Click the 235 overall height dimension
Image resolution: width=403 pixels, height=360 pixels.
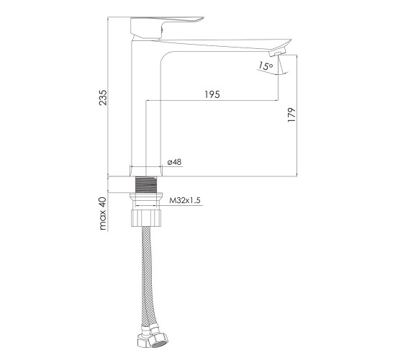(x=102, y=97)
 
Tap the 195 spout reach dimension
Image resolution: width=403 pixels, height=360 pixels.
(x=212, y=94)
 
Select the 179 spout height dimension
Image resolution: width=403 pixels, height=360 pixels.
(x=291, y=114)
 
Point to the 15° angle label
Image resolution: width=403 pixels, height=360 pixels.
(x=266, y=66)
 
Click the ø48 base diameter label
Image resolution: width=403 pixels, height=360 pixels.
(x=174, y=162)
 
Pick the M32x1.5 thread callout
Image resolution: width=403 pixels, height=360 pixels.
(x=185, y=200)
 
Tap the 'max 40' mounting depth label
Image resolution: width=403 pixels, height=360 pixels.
(x=103, y=213)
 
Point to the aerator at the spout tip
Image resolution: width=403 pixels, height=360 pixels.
(x=277, y=53)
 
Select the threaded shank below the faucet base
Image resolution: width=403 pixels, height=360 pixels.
(x=146, y=184)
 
